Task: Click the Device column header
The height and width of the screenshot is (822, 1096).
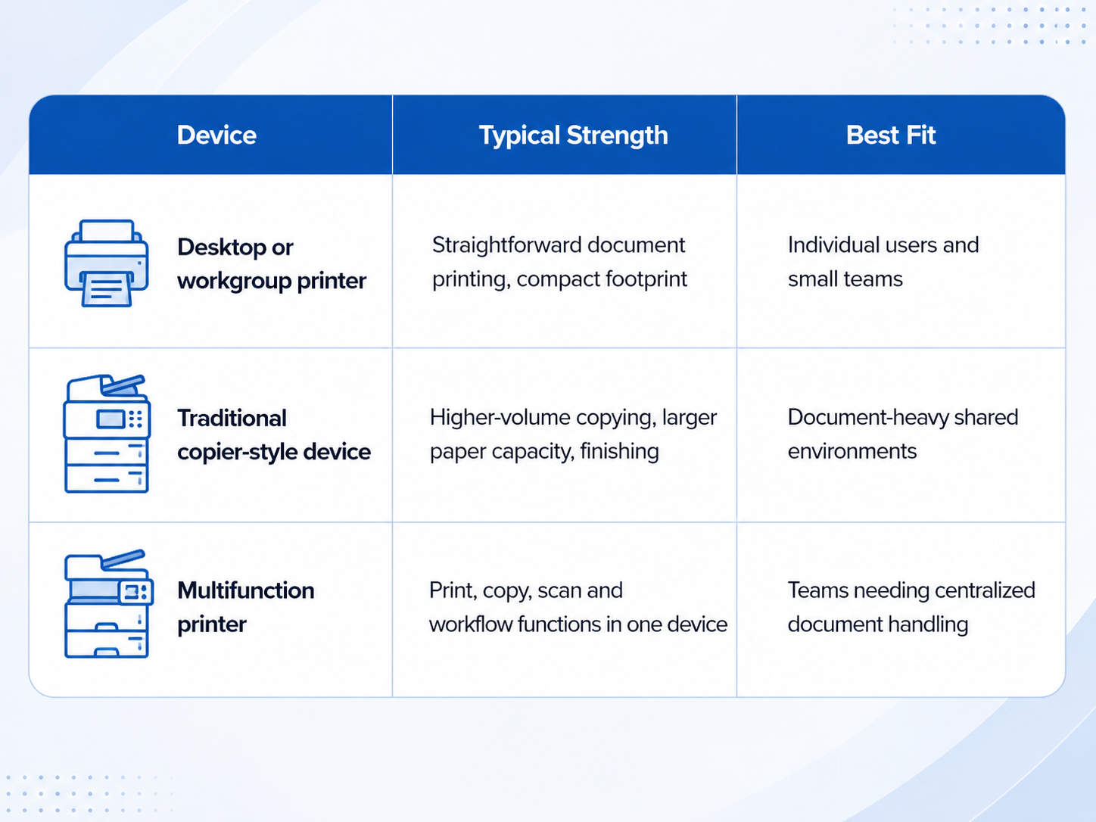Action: [x=216, y=135]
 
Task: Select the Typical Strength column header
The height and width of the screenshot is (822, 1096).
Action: [x=573, y=135]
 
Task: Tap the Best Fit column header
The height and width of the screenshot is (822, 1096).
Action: [x=891, y=135]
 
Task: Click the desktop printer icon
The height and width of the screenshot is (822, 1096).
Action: [x=107, y=263]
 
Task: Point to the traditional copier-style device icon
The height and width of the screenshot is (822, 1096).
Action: [x=107, y=434]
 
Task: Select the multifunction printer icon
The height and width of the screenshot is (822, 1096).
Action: [x=108, y=604]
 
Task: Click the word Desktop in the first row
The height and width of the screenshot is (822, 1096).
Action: [x=222, y=248]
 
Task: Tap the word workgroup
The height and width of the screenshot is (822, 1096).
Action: [x=234, y=282]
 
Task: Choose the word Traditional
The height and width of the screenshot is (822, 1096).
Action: [x=232, y=419]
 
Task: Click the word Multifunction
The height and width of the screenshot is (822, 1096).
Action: [x=246, y=590]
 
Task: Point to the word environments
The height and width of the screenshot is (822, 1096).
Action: [x=852, y=452]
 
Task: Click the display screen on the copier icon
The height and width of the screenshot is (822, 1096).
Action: [x=111, y=419]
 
